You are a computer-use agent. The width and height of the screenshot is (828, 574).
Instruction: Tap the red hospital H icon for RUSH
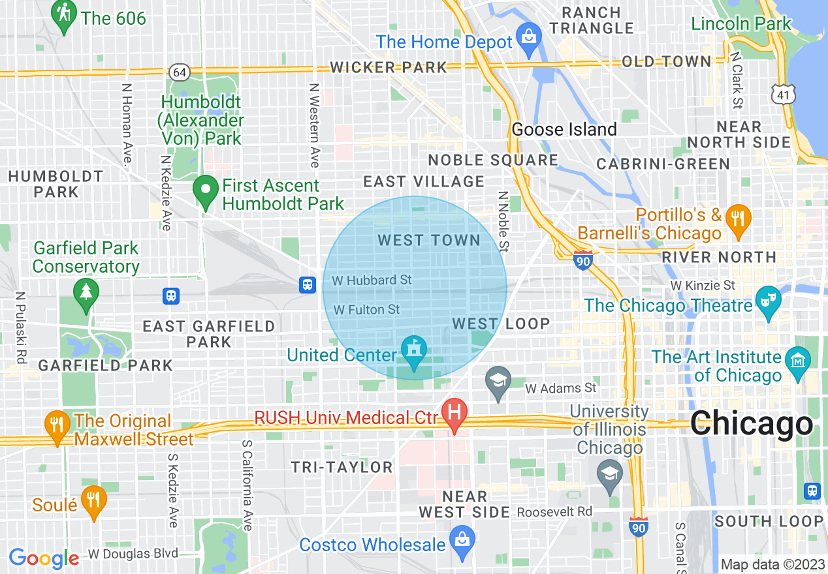tap(454, 412)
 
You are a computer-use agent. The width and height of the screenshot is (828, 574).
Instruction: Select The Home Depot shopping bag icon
tap(528, 35)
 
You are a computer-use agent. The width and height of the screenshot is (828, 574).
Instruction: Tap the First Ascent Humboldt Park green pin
tap(206, 190)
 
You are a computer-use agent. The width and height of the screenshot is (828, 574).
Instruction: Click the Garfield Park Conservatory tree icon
tap(86, 291)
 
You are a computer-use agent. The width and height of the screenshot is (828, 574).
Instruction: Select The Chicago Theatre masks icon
tap(768, 299)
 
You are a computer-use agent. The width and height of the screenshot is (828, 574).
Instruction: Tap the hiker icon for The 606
tap(63, 14)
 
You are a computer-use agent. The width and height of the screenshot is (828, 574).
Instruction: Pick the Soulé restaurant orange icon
tap(94, 499)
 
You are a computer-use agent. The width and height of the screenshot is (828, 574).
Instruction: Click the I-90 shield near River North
tap(583, 260)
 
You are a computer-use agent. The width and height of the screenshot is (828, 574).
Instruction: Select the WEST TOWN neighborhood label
tap(429, 241)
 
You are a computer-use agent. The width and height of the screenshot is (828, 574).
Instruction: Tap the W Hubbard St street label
tap(372, 280)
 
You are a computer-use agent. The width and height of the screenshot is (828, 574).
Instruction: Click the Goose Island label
tap(564, 129)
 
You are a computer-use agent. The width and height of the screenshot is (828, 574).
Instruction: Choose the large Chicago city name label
tap(751, 425)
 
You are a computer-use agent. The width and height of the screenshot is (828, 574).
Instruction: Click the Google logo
tap(44, 558)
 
